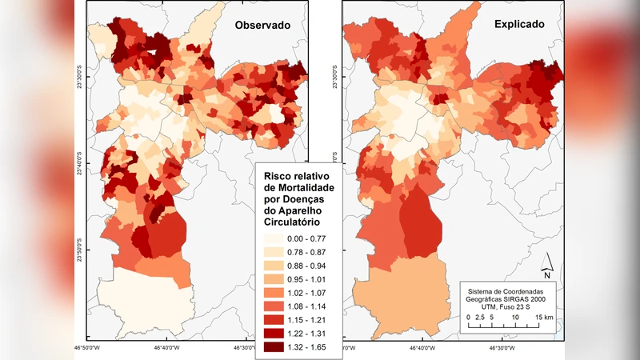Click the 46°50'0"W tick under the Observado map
click(x=87, y=349)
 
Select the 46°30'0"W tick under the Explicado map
click(x=502, y=349)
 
